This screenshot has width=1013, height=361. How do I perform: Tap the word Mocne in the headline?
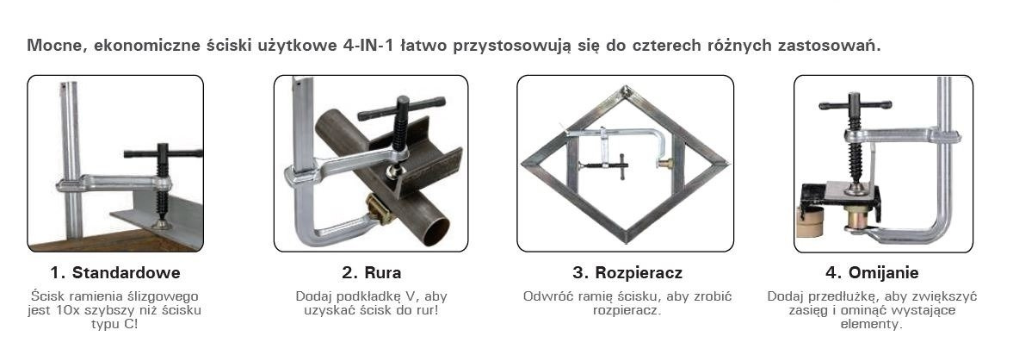coord(53,47)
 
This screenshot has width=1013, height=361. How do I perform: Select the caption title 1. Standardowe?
coord(115,272)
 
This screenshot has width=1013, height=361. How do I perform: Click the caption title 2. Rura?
coord(372,272)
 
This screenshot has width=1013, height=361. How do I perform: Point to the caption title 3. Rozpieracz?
coord(627,272)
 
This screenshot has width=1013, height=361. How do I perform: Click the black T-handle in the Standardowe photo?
coord(163,154)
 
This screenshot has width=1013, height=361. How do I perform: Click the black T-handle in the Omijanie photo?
coord(855,104)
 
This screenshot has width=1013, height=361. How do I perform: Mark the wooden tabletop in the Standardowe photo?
coord(113,240)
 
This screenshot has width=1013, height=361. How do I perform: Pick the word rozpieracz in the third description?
coord(627,310)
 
